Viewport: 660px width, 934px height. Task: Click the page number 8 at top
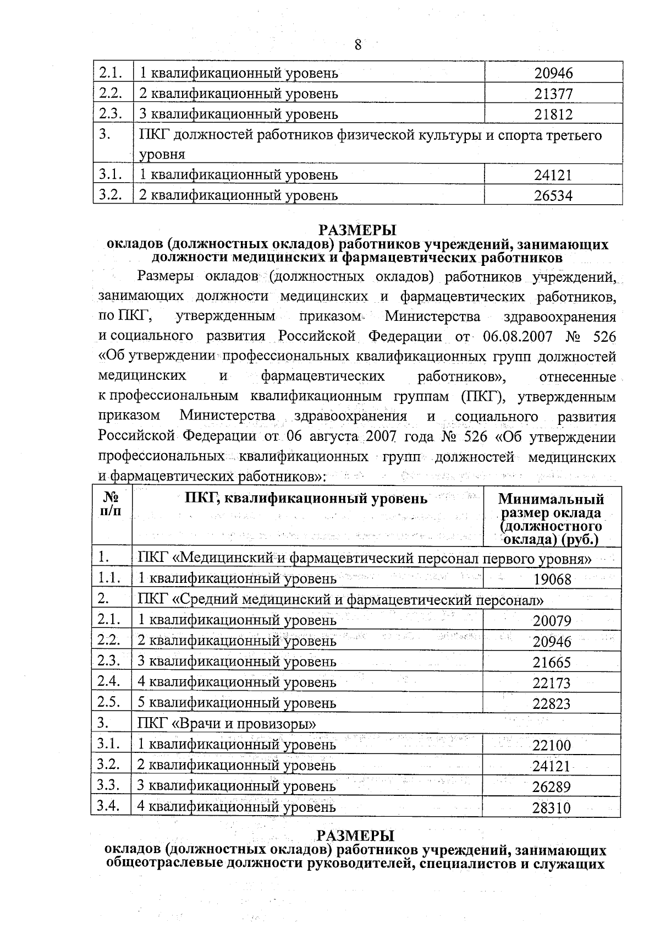pyautogui.click(x=358, y=45)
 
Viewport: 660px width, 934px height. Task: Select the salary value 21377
pyautogui.click(x=553, y=94)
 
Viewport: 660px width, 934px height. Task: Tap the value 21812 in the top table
pyautogui.click(x=553, y=114)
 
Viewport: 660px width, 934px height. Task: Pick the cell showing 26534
pyautogui.click(x=553, y=196)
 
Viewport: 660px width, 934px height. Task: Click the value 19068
pyautogui.click(x=552, y=580)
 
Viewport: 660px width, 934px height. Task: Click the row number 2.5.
pyautogui.click(x=109, y=702)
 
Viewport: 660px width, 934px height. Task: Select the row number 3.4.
pyautogui.click(x=109, y=806)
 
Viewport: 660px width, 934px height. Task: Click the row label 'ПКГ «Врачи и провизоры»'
pyautogui.click(x=227, y=724)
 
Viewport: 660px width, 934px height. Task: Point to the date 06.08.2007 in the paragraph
pyautogui.click(x=518, y=336)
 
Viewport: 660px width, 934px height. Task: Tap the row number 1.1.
pyautogui.click(x=109, y=577)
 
